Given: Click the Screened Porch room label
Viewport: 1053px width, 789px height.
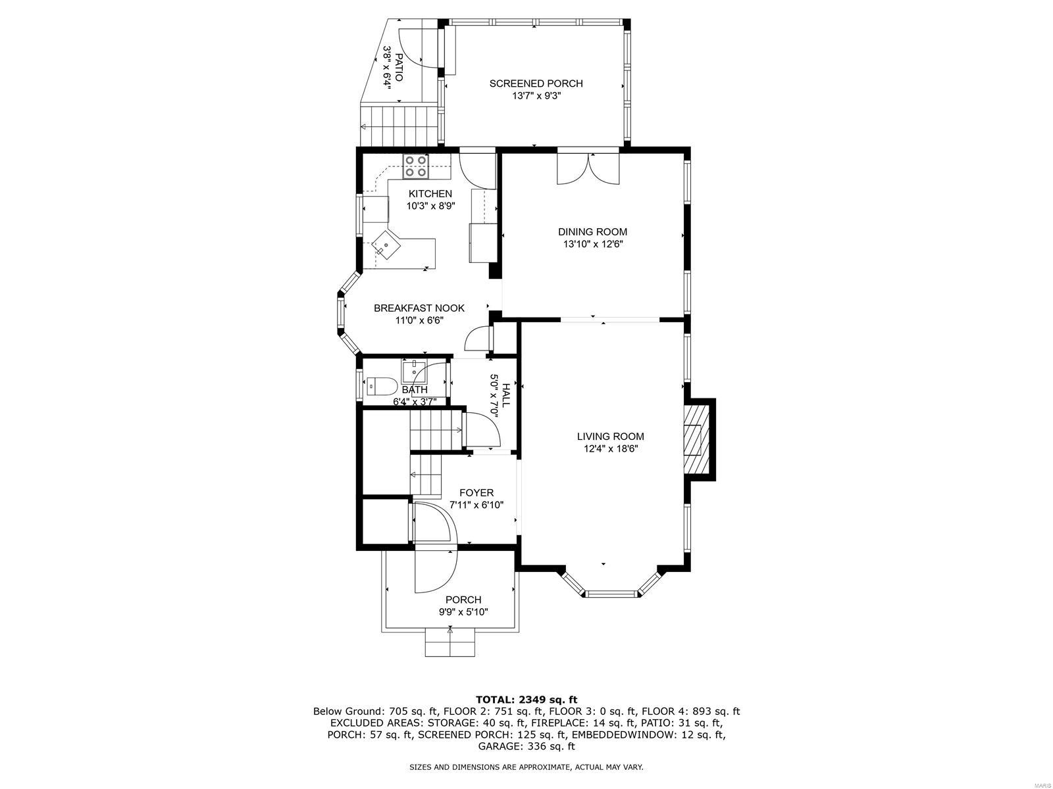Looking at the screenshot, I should click(x=536, y=84).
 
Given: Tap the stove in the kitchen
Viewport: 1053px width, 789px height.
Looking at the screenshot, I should click(x=416, y=166).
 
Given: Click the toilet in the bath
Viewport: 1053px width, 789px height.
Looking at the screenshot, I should click(x=380, y=385).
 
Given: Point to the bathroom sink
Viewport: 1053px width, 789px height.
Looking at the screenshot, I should click(x=414, y=371).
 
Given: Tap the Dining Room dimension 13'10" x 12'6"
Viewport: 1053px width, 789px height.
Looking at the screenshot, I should click(x=592, y=244).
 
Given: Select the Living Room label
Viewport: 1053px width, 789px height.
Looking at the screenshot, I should click(x=610, y=436).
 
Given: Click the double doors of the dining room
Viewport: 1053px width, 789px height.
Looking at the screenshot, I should click(x=588, y=168).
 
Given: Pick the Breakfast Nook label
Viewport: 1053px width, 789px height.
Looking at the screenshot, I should click(x=419, y=308).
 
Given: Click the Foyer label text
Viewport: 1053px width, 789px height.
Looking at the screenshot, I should click(x=476, y=492).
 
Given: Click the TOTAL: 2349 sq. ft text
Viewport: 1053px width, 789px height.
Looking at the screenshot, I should click(x=526, y=699).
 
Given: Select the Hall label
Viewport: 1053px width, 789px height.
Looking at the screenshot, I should click(x=505, y=395).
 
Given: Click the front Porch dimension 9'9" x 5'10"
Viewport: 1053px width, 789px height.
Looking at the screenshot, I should click(x=463, y=611).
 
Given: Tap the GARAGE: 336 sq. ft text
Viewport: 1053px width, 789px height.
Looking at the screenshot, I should click(x=526, y=746).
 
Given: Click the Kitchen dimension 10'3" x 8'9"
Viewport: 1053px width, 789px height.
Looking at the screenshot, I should click(x=430, y=206).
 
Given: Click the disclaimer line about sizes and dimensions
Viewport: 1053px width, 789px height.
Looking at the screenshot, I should click(x=526, y=767).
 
